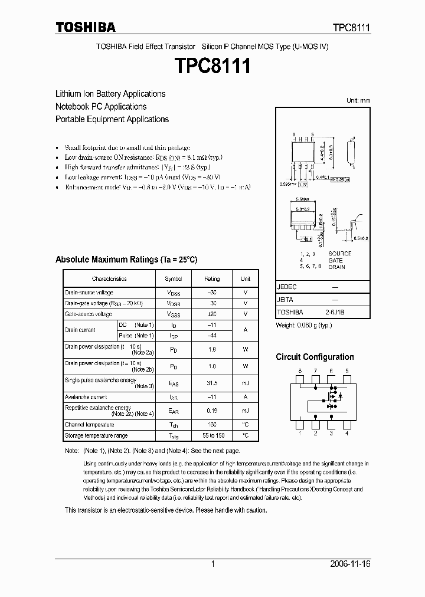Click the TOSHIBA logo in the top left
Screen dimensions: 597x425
pos(86,27)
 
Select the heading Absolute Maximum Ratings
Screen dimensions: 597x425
pos(126,260)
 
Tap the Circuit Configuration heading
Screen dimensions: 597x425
pos(315,357)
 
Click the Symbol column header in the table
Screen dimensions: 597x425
pos(174,279)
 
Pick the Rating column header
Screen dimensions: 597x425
pos(212,279)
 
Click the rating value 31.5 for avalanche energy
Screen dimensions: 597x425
pos(212,383)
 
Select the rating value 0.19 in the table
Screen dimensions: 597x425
pos(212,411)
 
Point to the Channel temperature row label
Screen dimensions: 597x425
pos(89,425)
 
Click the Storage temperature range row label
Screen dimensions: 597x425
pos(96,436)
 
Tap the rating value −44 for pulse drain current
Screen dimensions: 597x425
pos(212,336)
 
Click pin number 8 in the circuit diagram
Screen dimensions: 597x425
pos(300,370)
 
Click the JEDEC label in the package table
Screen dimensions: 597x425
pos(287,287)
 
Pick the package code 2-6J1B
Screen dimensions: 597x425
pos(335,312)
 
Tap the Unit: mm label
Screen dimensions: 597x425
pos(358,101)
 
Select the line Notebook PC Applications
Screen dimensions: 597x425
pos(101,107)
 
